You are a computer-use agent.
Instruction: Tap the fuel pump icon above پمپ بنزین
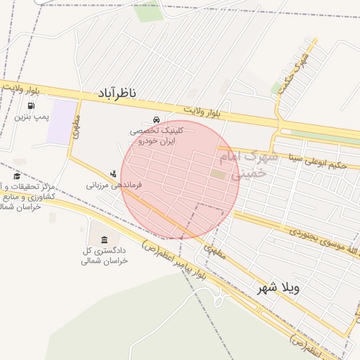coord(31,105)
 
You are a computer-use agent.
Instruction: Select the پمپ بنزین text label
coord(32,116)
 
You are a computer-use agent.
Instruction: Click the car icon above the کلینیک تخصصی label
coord(156,119)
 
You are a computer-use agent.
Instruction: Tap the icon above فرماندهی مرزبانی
coord(112,174)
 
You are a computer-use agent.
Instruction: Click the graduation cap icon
coord(17,176)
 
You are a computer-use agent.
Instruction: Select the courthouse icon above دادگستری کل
coord(105,240)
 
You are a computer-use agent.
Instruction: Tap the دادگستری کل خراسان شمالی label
coord(105,255)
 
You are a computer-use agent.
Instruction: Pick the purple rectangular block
coord(64,122)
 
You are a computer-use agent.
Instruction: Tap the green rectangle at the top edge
coord(149,11)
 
